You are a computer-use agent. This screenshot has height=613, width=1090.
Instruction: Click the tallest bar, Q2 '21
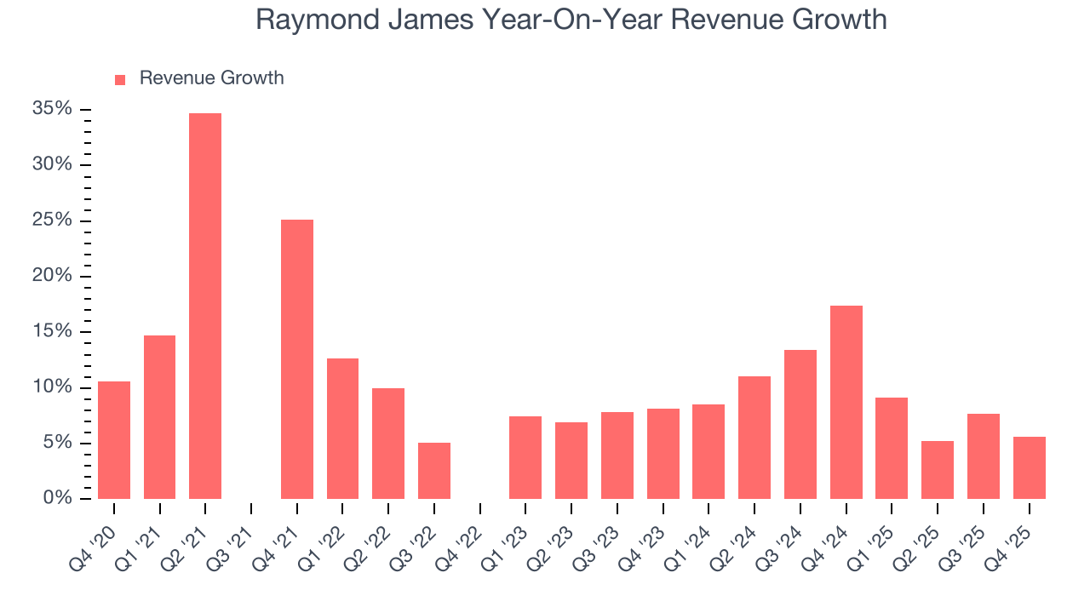205,306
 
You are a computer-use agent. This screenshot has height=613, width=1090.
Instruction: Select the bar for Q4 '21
297,359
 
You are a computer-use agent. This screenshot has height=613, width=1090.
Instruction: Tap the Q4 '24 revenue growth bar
846,402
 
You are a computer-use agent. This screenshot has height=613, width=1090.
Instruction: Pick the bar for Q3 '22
434,471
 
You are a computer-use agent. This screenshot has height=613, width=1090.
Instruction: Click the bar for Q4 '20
114,440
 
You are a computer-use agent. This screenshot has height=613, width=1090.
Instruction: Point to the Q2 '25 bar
938,470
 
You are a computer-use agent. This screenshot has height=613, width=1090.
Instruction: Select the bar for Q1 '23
525,457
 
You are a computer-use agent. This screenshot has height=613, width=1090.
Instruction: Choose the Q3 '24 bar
800,424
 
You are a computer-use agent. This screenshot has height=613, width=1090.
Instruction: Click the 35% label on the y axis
52,109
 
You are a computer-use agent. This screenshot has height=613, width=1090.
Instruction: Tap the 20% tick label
52,276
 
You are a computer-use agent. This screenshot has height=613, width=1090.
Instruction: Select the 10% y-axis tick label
52,387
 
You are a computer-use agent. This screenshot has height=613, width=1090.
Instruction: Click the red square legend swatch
120,79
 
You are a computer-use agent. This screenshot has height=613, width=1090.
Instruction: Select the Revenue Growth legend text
211,78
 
